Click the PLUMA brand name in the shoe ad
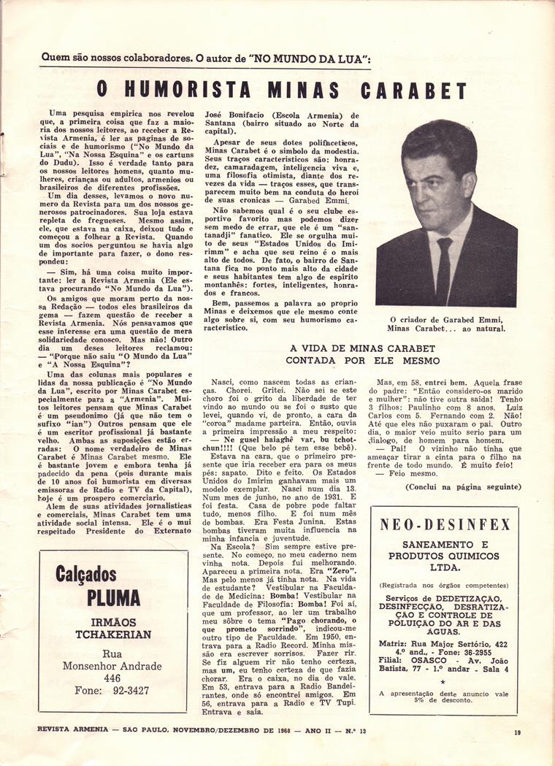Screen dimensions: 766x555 pyautogui.click(x=113, y=597)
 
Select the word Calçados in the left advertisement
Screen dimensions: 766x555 pyautogui.click(x=85, y=573)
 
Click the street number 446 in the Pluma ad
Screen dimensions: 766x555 pyautogui.click(x=112, y=678)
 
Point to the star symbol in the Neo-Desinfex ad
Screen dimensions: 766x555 pyautogui.click(x=444, y=681)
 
